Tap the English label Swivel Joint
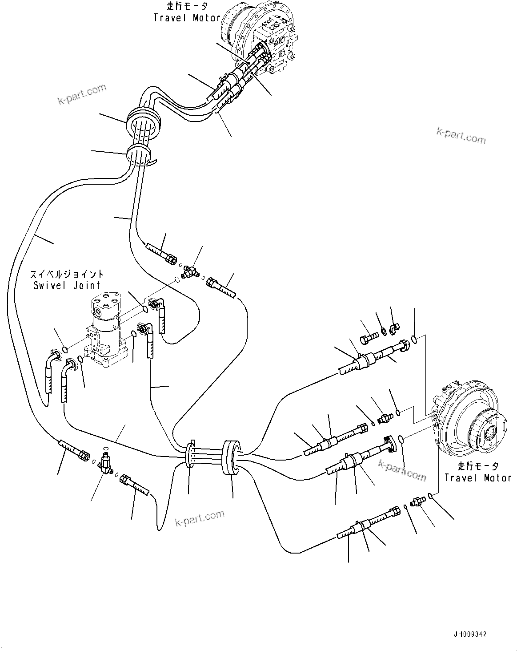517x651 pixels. click(x=67, y=285)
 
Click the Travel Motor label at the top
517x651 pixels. click(x=187, y=18)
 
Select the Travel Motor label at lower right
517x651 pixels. click(x=478, y=478)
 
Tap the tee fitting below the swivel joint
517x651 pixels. click(x=106, y=463)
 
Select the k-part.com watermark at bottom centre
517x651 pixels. click(x=200, y=518)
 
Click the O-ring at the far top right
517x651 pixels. click(x=414, y=340)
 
